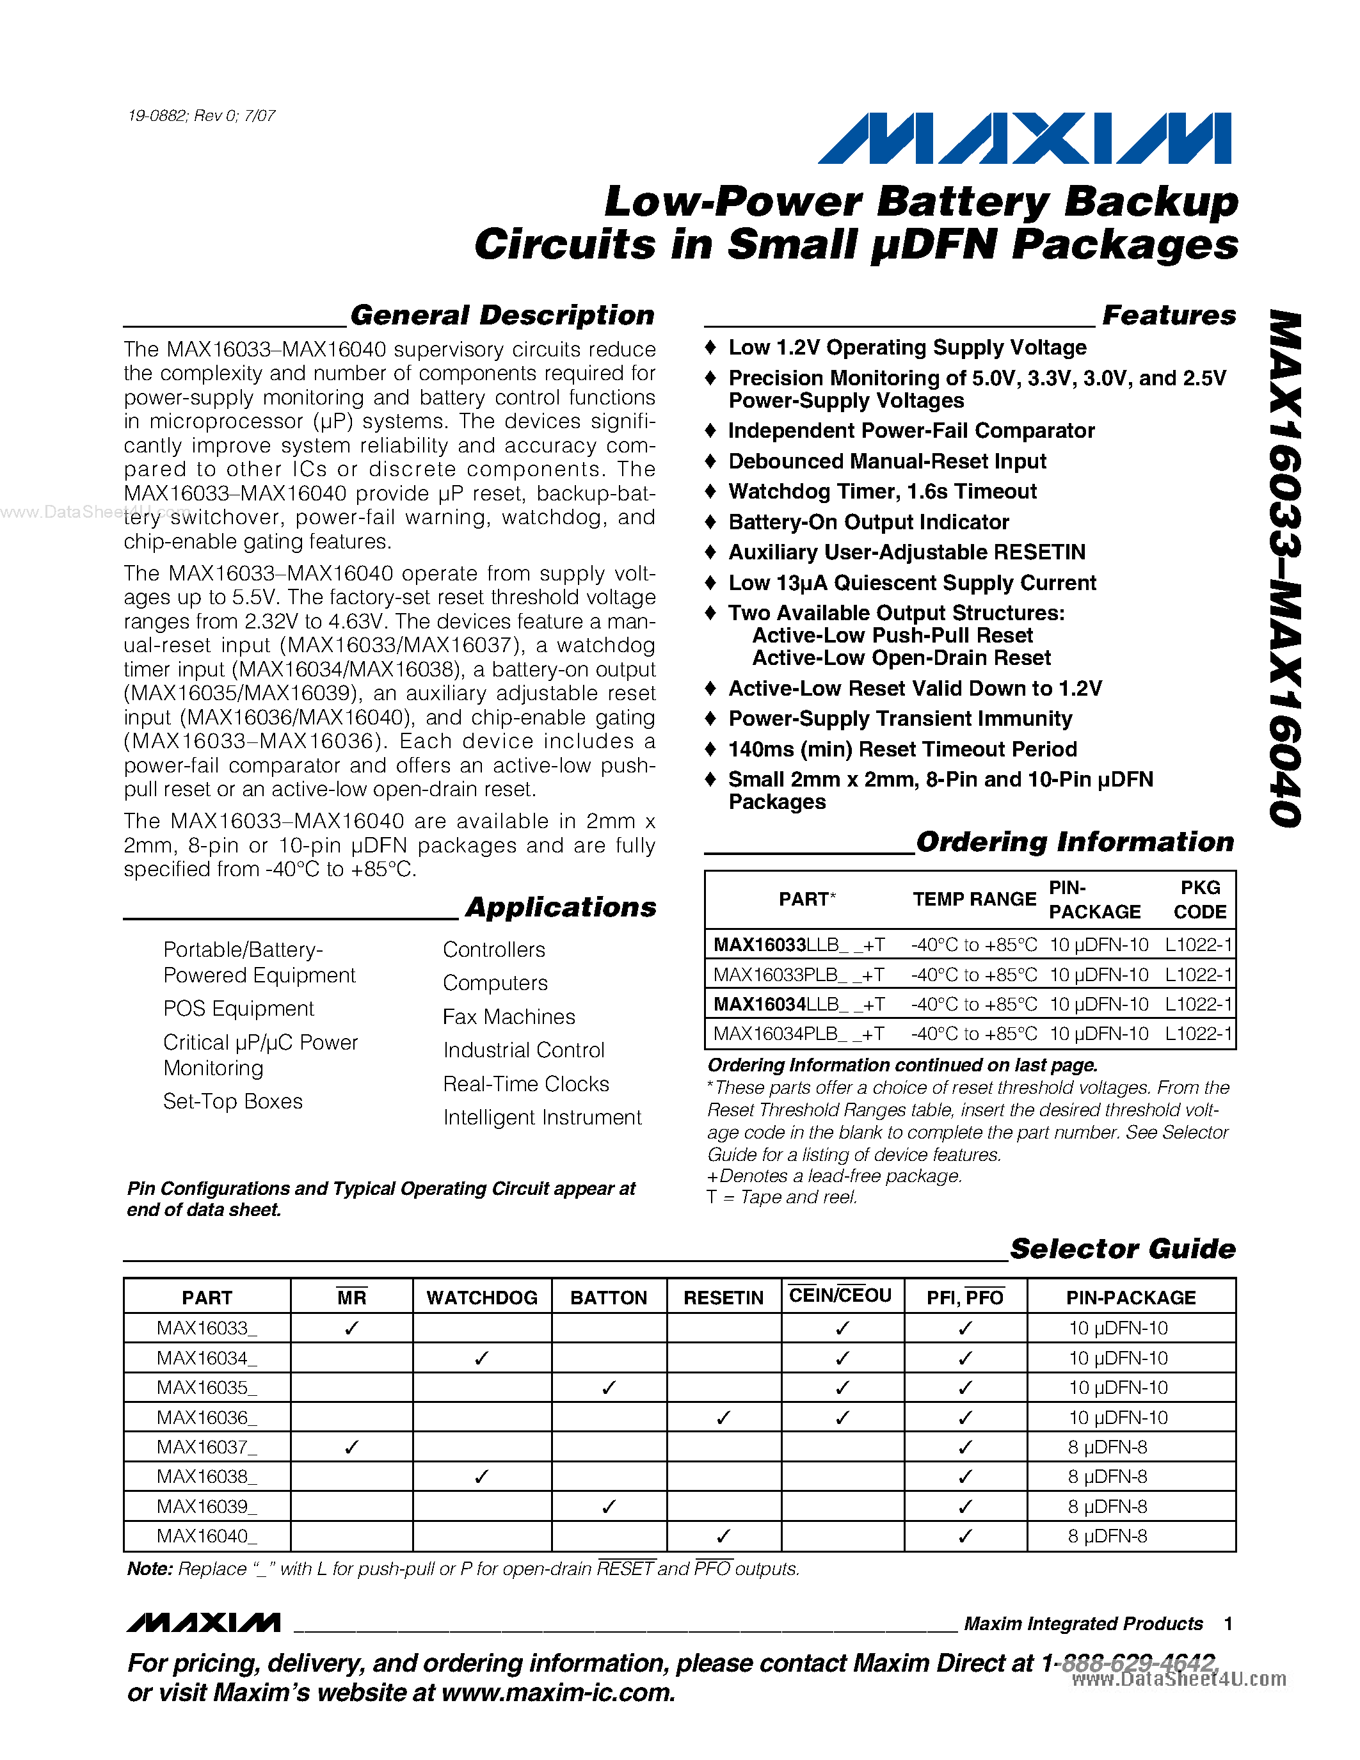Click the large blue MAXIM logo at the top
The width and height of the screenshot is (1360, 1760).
coord(1025,139)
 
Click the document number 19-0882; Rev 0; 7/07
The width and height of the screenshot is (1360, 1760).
coord(202,116)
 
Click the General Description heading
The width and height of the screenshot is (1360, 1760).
coord(502,315)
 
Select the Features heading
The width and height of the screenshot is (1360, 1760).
coord(1168,315)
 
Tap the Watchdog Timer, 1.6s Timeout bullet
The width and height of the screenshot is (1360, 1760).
coord(882,492)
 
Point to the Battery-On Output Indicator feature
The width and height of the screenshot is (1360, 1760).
coord(868,522)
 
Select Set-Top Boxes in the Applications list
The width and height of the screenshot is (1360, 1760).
coord(233,1101)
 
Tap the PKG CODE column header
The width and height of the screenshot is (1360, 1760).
coord(1199,899)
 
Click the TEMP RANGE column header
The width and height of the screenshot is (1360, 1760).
coord(974,899)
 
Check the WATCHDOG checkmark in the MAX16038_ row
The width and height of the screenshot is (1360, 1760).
coord(482,1476)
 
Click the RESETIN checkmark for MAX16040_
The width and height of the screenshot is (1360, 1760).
coord(723,1536)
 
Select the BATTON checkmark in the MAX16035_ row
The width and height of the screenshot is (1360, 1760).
coord(609,1388)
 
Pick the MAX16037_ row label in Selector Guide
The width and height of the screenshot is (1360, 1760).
coord(206,1447)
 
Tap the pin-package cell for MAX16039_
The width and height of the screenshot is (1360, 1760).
coord(1107,1506)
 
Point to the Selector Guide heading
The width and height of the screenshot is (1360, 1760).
coord(1123,1249)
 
